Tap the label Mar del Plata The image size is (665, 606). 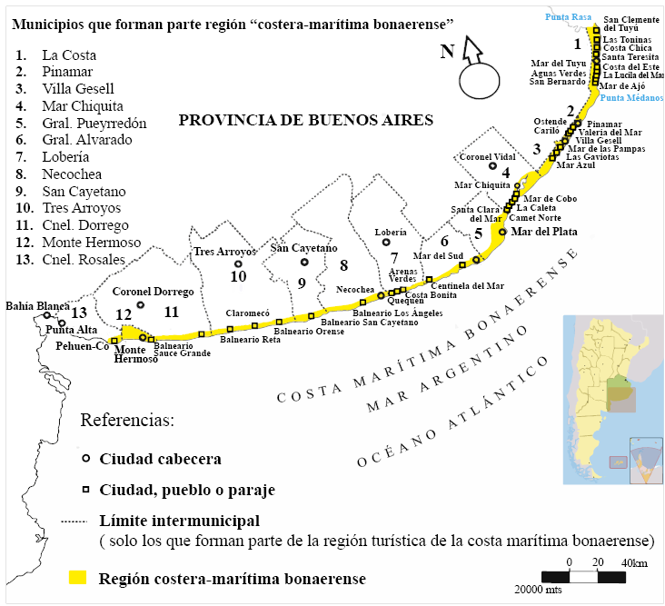pos(544,232)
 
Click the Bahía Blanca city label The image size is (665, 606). pos(36,305)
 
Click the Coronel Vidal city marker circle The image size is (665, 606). pos(493,166)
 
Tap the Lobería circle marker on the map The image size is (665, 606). pos(386,242)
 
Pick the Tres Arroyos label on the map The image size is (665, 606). pos(224,252)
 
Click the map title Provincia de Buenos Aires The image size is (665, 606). pos(305,120)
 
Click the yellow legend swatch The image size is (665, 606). pos(79,577)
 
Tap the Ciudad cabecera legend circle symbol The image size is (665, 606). pos(85,458)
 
